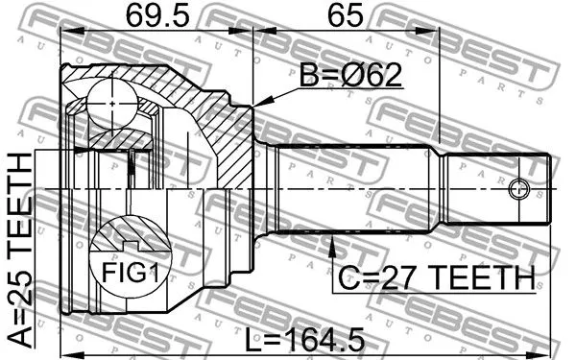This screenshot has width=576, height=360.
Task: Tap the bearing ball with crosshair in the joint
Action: click(x=113, y=100)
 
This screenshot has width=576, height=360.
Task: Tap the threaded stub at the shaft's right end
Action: click(x=499, y=188)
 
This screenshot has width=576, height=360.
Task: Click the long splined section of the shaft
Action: click(x=355, y=188)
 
